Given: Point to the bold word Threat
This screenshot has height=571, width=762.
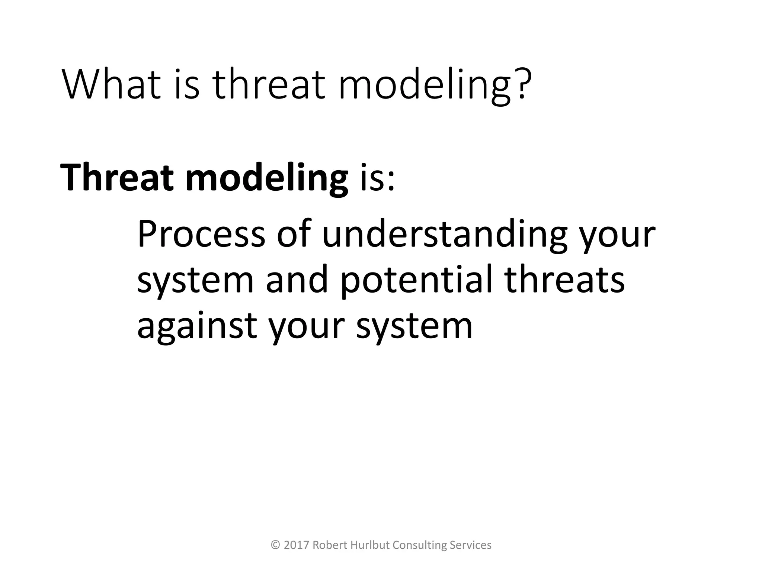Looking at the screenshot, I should click(117, 177).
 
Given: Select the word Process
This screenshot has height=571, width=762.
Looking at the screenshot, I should click(201, 234).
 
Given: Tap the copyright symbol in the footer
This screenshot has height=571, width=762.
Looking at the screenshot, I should click(275, 545).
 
